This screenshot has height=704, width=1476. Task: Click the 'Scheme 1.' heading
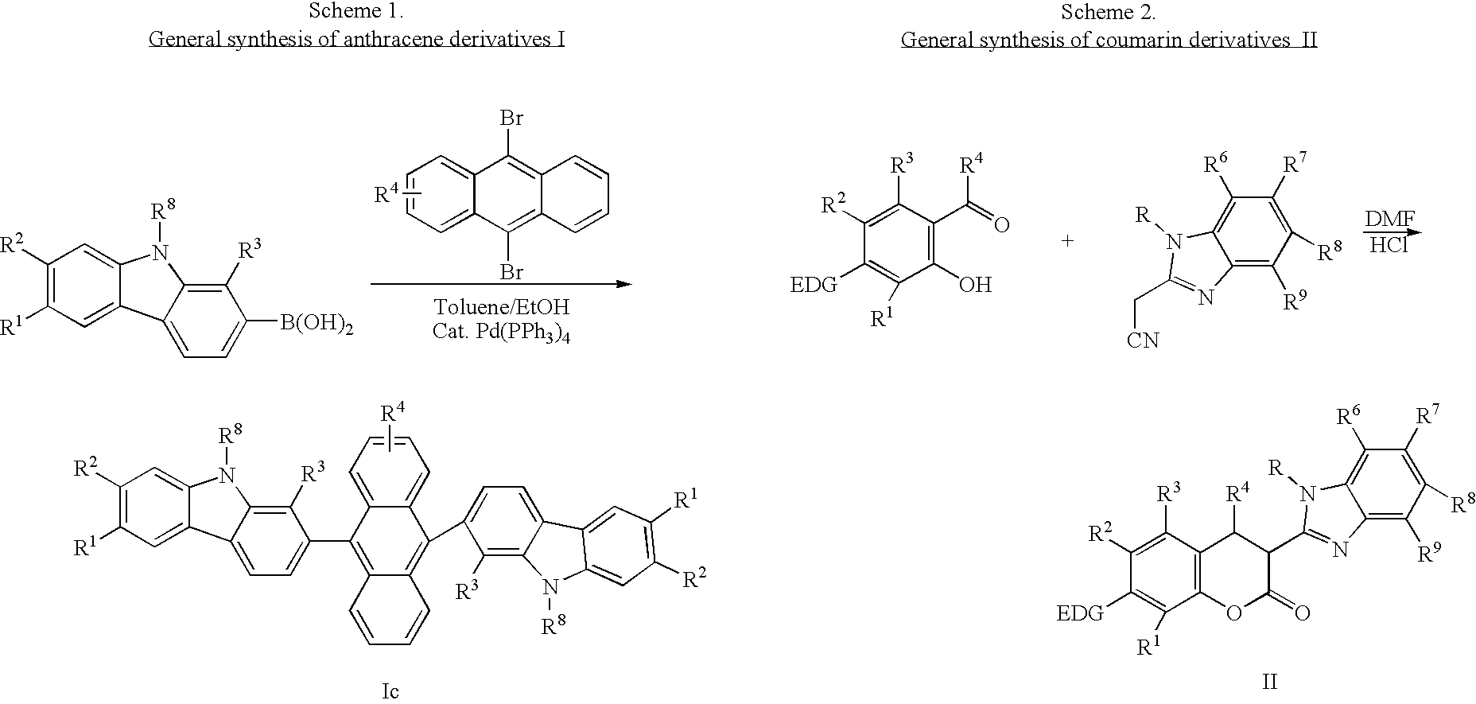pos(357,12)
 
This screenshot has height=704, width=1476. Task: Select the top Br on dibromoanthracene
pos(511,119)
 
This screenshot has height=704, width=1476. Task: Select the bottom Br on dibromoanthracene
pos(511,272)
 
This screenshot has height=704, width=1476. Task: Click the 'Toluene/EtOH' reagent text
pos(502,307)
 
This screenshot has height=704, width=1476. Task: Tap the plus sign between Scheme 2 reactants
pos(1068,239)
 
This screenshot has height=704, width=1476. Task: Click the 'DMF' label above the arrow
pos(1390,220)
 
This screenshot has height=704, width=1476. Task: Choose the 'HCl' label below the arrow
pos(1388,247)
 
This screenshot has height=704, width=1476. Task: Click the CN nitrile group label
pos(1143,340)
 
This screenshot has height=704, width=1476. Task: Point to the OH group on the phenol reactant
pos(976,285)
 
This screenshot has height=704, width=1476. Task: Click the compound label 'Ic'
pos(390,691)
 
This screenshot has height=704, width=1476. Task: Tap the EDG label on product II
pos(1081,613)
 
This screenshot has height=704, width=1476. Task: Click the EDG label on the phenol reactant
pos(814,285)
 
